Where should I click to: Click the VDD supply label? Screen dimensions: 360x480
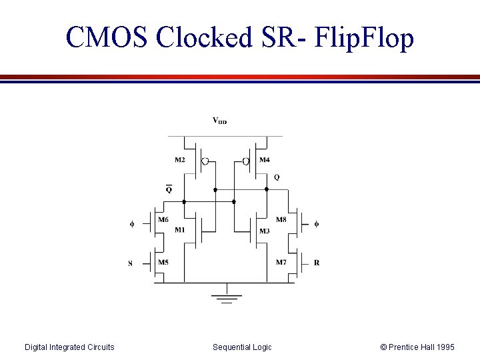[x=219, y=121]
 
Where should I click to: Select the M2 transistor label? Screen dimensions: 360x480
[x=180, y=160]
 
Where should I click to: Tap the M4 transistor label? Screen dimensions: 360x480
[x=265, y=160]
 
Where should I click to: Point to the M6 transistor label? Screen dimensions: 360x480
[x=163, y=219]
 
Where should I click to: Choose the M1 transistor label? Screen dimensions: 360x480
[x=179, y=231]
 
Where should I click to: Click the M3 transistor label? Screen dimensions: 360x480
[x=264, y=231]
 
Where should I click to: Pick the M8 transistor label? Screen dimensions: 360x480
[x=281, y=219]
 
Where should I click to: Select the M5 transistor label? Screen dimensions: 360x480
[x=163, y=263]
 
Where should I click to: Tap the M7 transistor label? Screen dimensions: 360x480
[x=281, y=263]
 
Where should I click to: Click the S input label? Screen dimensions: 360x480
[x=130, y=263]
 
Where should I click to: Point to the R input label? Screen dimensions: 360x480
[x=317, y=263]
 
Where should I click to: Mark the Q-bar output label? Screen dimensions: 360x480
[x=169, y=189]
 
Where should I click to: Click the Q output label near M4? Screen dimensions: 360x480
[x=277, y=177]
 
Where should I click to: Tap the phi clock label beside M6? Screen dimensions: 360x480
[x=132, y=224]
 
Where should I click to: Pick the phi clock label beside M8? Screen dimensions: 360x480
[x=316, y=224]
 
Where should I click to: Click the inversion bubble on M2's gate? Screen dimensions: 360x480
[x=205, y=161]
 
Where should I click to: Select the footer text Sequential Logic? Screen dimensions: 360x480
[x=242, y=347]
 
